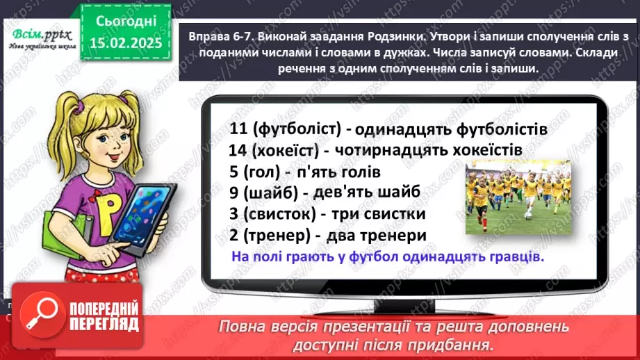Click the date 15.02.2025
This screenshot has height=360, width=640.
[x=125, y=44]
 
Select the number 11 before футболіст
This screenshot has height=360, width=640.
[x=238, y=128]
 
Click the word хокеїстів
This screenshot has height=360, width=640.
[x=484, y=149]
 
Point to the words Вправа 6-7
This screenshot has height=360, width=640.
[x=210, y=36]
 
